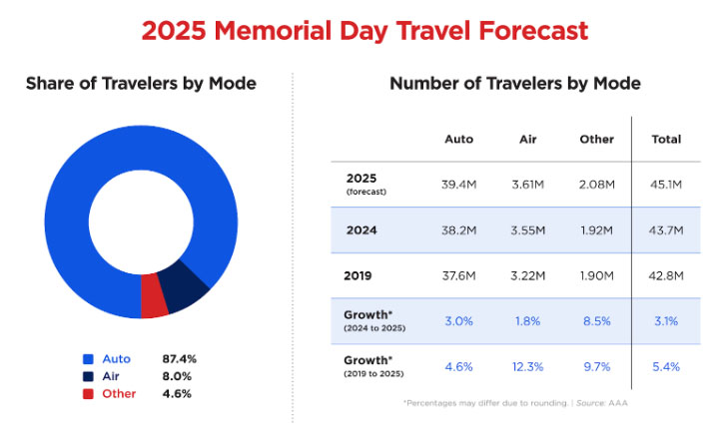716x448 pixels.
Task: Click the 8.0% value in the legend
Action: [177, 376]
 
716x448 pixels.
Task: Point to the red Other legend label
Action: [119, 394]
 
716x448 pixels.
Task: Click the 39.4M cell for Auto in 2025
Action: [458, 184]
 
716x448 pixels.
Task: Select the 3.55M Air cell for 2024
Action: [527, 230]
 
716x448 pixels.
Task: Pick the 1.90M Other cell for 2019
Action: [596, 276]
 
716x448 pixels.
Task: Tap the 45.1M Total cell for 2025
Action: [666, 184]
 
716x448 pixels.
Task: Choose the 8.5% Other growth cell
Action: [596, 321]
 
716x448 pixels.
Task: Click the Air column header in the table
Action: [527, 139]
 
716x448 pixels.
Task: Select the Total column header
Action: [666, 139]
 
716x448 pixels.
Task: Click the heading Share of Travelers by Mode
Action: [141, 84]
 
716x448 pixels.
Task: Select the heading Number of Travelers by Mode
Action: [515, 84]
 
